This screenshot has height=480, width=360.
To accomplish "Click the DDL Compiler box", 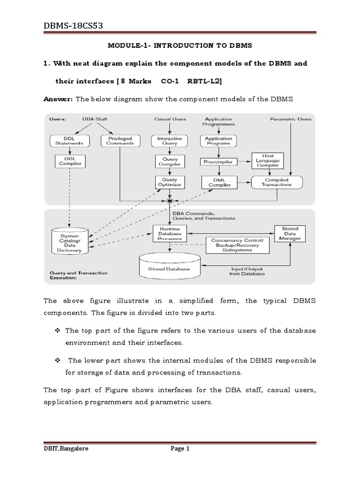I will [69, 161].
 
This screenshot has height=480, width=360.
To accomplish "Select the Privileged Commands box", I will [120, 141].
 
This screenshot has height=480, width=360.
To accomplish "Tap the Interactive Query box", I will [169, 141].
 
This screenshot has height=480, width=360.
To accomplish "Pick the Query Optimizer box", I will [169, 182].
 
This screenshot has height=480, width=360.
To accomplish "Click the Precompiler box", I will [218, 161].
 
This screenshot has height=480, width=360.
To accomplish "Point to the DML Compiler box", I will [219, 182].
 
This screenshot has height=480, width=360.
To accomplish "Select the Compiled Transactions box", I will [277, 182].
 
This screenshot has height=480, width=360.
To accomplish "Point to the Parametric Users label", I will [291, 119].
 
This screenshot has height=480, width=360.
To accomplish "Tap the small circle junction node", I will [170, 201].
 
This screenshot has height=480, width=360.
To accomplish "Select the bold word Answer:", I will [59, 99].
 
